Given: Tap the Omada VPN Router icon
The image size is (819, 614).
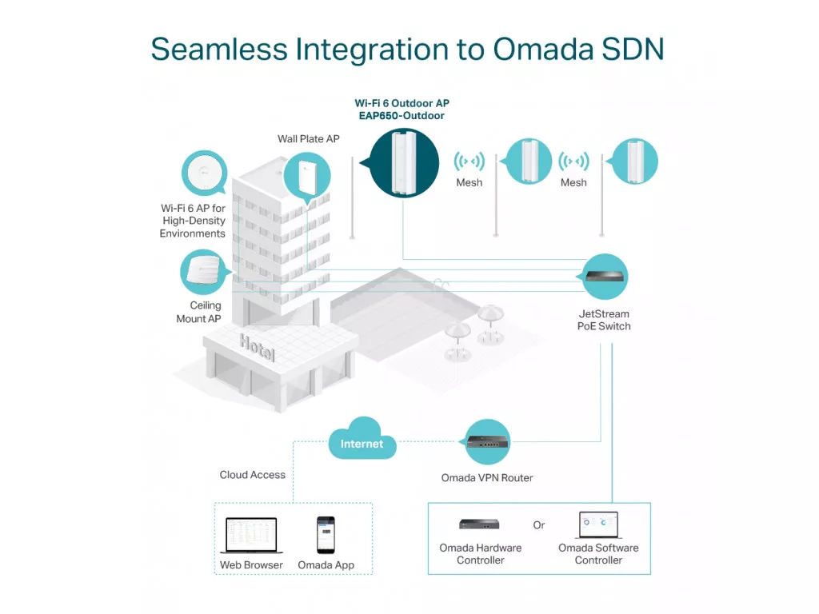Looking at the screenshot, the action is (x=487, y=441).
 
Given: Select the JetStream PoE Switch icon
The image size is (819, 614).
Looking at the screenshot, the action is (x=605, y=276).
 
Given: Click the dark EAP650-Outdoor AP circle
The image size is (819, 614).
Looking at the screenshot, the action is (x=404, y=162).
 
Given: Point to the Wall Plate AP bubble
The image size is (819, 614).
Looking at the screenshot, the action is (x=307, y=176).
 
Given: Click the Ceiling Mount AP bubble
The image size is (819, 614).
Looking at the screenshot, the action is (x=203, y=272).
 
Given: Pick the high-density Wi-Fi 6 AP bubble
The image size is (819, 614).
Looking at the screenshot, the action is (x=204, y=173).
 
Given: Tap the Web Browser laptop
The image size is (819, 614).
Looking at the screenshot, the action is (x=251, y=535).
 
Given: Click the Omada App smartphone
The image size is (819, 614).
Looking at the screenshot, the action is (x=326, y=535).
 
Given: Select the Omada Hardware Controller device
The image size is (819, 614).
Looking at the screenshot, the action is (x=480, y=524).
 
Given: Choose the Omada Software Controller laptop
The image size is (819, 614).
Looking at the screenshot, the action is (x=598, y=524).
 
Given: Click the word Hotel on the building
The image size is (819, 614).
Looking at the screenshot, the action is (x=257, y=347).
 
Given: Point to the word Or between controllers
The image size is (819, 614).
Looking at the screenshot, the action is (x=539, y=525).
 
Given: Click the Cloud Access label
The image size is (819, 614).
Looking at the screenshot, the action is (x=252, y=475).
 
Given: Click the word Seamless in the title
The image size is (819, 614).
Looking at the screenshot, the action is (x=219, y=49).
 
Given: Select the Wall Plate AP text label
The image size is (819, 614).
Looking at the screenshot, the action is (x=308, y=139).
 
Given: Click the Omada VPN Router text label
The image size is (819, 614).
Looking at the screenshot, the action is (x=487, y=478).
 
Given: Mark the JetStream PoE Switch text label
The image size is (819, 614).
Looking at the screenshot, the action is (x=604, y=320).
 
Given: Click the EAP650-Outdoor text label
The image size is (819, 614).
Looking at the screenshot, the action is (x=402, y=116).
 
